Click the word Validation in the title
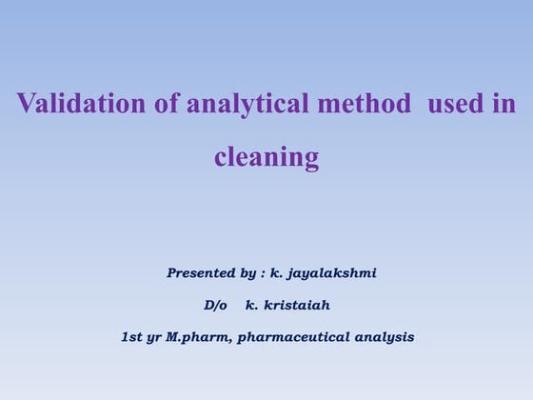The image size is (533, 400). [71, 104]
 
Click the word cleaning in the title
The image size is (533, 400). [266, 156]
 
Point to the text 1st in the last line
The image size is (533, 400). [132, 336]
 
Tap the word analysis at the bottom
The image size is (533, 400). [385, 336]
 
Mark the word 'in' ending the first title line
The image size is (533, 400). [503, 104]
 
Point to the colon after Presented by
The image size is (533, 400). [264, 274]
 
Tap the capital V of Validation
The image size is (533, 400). [25, 104]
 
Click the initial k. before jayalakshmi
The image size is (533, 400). [275, 273]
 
